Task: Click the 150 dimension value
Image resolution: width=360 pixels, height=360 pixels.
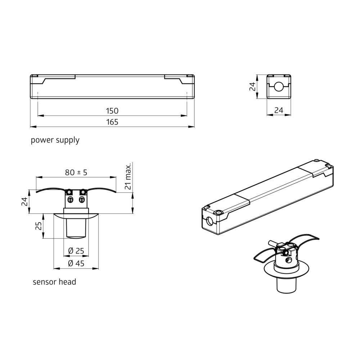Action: coord(112,111)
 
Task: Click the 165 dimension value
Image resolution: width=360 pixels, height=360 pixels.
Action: coord(112,122)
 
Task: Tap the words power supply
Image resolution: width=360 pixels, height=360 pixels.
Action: coord(55,140)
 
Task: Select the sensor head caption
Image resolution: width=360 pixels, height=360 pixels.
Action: coord(54,282)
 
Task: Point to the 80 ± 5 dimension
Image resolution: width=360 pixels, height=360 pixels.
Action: coord(76,172)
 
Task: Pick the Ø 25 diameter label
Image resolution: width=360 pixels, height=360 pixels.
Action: coord(76,251)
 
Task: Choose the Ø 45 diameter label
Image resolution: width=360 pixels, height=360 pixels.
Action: coord(76,263)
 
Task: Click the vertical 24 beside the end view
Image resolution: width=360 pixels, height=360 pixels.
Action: coord(253,86)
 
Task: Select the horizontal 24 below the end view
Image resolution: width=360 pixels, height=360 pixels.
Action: coord(279,111)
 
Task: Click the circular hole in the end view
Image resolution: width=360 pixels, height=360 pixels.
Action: coord(279,87)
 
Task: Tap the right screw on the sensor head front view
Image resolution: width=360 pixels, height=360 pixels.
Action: coord(82,200)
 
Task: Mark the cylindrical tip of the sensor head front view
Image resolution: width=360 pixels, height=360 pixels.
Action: coord(76,229)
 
